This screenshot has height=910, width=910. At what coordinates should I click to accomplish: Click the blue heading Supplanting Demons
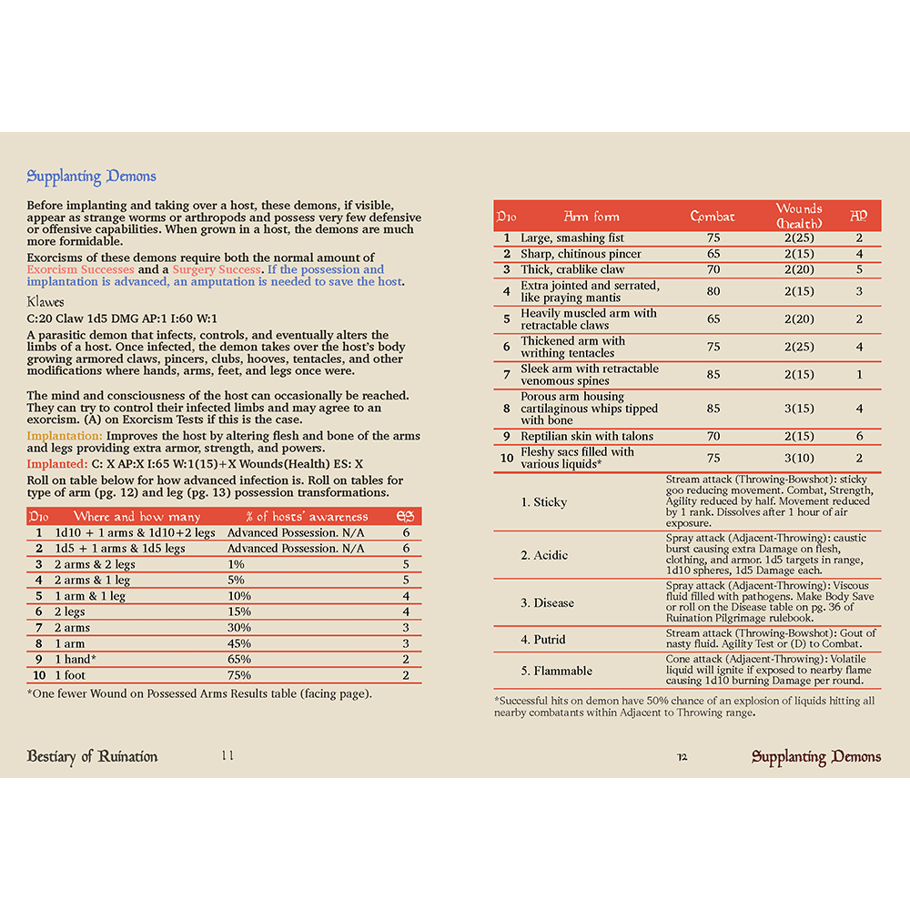[91, 177]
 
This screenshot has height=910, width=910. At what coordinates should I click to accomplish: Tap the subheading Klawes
[46, 301]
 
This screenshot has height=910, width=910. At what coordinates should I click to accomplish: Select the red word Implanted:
[57, 464]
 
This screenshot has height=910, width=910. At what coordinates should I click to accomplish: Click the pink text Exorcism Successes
[80, 270]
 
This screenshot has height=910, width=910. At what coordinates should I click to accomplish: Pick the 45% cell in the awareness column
[239, 643]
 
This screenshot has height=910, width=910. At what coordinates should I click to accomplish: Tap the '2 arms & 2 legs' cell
[95, 564]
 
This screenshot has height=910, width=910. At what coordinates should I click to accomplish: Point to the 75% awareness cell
[239, 674]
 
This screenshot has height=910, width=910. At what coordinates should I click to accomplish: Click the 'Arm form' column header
[591, 217]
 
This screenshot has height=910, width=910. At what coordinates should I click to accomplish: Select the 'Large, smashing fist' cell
[572, 238]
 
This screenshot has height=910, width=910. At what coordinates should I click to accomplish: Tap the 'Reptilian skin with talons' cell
[587, 437]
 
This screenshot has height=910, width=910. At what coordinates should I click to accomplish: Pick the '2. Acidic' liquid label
[544, 555]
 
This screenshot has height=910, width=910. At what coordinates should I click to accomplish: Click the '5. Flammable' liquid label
[557, 671]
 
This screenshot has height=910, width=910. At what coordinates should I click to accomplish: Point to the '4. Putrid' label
[543, 640]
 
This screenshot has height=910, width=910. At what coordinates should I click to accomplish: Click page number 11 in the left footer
[227, 756]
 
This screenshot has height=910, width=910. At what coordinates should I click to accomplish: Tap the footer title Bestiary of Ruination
[92, 756]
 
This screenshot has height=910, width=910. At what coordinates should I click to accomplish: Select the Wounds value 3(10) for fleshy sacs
[799, 459]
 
